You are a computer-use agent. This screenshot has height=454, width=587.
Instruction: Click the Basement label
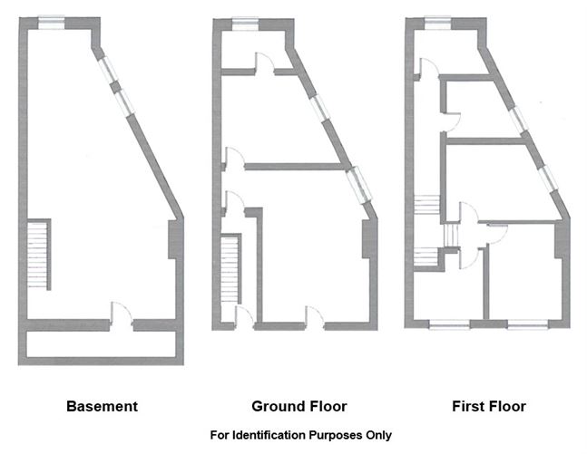point(102,406)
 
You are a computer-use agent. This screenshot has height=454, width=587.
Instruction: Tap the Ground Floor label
point(299,406)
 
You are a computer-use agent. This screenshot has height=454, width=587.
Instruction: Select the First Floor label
point(489,406)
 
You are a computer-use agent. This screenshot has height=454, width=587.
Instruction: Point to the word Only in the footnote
point(380,435)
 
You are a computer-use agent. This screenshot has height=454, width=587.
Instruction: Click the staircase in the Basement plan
point(39,255)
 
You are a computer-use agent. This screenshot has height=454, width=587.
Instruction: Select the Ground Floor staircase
point(230,268)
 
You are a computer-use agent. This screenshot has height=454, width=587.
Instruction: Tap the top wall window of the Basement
point(52,23)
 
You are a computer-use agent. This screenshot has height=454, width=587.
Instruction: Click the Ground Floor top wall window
point(245,24)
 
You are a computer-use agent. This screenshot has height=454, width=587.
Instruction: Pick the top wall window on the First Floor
point(438,23)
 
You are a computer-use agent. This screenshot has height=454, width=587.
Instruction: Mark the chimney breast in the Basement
point(175,240)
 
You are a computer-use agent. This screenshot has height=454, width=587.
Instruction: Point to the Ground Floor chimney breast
point(369,239)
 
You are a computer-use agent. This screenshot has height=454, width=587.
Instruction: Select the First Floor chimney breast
point(562,239)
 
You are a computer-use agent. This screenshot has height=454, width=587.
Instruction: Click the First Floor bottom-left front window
point(449,324)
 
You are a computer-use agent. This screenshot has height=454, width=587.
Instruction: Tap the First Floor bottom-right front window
point(528,324)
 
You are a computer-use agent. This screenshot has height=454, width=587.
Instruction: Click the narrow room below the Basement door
point(101,344)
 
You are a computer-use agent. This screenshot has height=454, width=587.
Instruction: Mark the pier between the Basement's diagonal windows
point(116,87)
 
